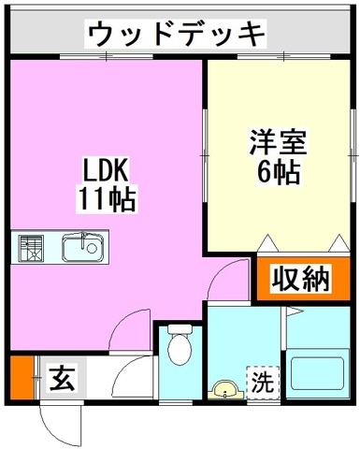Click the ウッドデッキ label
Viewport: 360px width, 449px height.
[176, 33]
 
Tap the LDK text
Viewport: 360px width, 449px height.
[105, 170]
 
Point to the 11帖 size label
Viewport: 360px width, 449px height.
[107, 198]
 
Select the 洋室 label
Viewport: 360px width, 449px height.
[278, 142]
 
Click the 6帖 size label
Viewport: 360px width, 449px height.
[279, 172]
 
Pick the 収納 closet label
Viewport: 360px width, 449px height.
[301, 278]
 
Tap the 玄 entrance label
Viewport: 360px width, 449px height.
[62, 378]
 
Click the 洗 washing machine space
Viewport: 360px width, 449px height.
[263, 382]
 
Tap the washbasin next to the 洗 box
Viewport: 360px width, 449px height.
[226, 390]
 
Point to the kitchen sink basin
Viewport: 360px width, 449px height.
[82, 248]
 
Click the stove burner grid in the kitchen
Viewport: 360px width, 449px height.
[31, 249]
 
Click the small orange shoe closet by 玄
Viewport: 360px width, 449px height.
[22, 378]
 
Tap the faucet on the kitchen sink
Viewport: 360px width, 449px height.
[83, 239]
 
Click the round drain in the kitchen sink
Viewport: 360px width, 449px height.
[93, 248]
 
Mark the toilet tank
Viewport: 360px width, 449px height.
[180, 329]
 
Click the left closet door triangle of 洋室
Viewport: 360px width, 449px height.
[267, 243]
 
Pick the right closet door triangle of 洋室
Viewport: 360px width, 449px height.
[339, 243]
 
